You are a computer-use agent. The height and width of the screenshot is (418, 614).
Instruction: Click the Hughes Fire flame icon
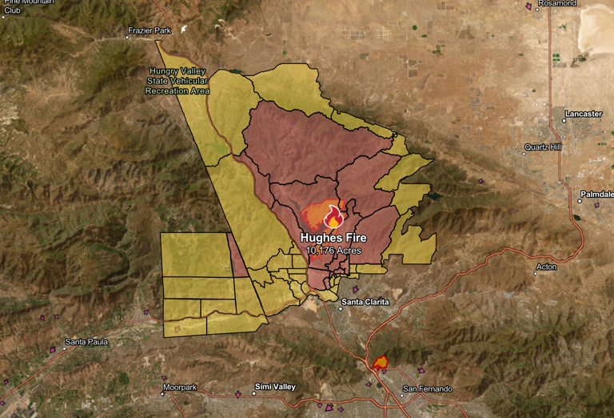coord(333,217)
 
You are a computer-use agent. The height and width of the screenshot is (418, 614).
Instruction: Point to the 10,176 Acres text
coord(333,251)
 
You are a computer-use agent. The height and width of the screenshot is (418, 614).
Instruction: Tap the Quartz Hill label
coord(543,147)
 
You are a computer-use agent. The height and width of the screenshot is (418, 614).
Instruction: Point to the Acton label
coord(547,267)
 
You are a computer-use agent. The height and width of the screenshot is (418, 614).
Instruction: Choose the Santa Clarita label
coord(365,302)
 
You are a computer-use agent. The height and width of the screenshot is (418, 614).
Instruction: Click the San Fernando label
coord(428,389)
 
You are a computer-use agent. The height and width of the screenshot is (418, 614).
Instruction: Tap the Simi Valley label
coord(274,387)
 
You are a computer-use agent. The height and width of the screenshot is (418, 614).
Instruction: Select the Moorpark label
coord(179,388)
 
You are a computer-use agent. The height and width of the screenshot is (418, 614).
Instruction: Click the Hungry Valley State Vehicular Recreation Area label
coord(177,81)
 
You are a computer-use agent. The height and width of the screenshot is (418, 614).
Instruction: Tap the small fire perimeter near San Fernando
coord(379,363)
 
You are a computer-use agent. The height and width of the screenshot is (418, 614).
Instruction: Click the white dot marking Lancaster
coord(564,120)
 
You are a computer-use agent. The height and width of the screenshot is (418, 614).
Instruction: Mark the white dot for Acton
coord(536,274)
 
